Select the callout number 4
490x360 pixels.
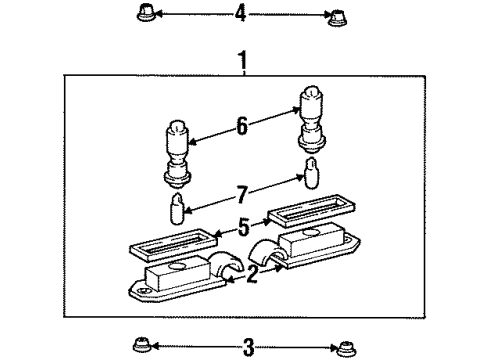[240, 15]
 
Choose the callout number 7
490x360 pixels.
[241, 193]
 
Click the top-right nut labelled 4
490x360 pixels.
[335, 15]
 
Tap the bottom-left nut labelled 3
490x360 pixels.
[140, 346]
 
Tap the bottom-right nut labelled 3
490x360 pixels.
[346, 346]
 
